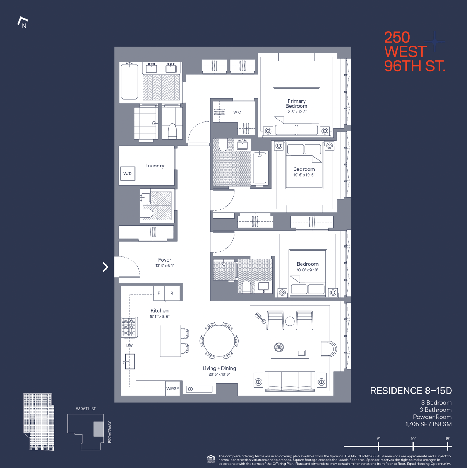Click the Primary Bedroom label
point(296,104)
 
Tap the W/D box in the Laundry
point(127,174)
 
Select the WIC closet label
point(237,112)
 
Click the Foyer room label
point(165,260)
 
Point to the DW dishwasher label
point(130,345)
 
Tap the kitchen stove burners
point(128,327)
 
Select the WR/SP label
point(173,389)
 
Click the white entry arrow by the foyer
point(105,267)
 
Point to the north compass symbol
point(23,22)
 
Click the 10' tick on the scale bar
point(413,446)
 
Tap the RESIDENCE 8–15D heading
point(411,391)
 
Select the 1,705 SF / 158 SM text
point(428,424)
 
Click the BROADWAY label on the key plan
point(110,432)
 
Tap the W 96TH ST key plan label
point(86,409)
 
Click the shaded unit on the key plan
point(99,429)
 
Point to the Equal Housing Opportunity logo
point(211,459)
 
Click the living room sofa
point(290,381)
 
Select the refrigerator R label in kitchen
point(172,293)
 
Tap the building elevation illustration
point(39,421)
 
